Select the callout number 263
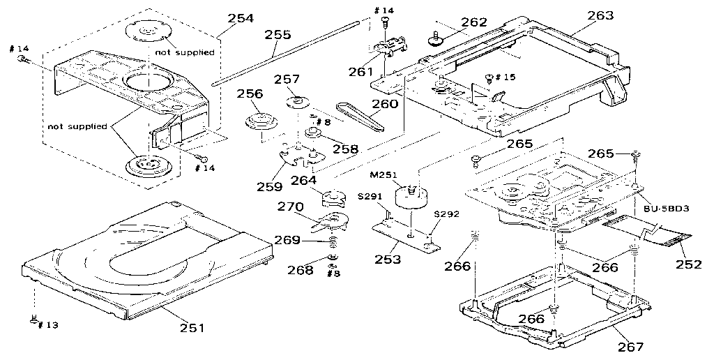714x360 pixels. point(600,15)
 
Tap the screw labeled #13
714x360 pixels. point(33,320)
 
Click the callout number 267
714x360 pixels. point(630,346)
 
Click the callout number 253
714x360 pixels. point(388,260)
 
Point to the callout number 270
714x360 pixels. point(292,207)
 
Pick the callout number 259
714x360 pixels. point(269,186)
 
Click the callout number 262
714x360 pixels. point(474,22)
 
